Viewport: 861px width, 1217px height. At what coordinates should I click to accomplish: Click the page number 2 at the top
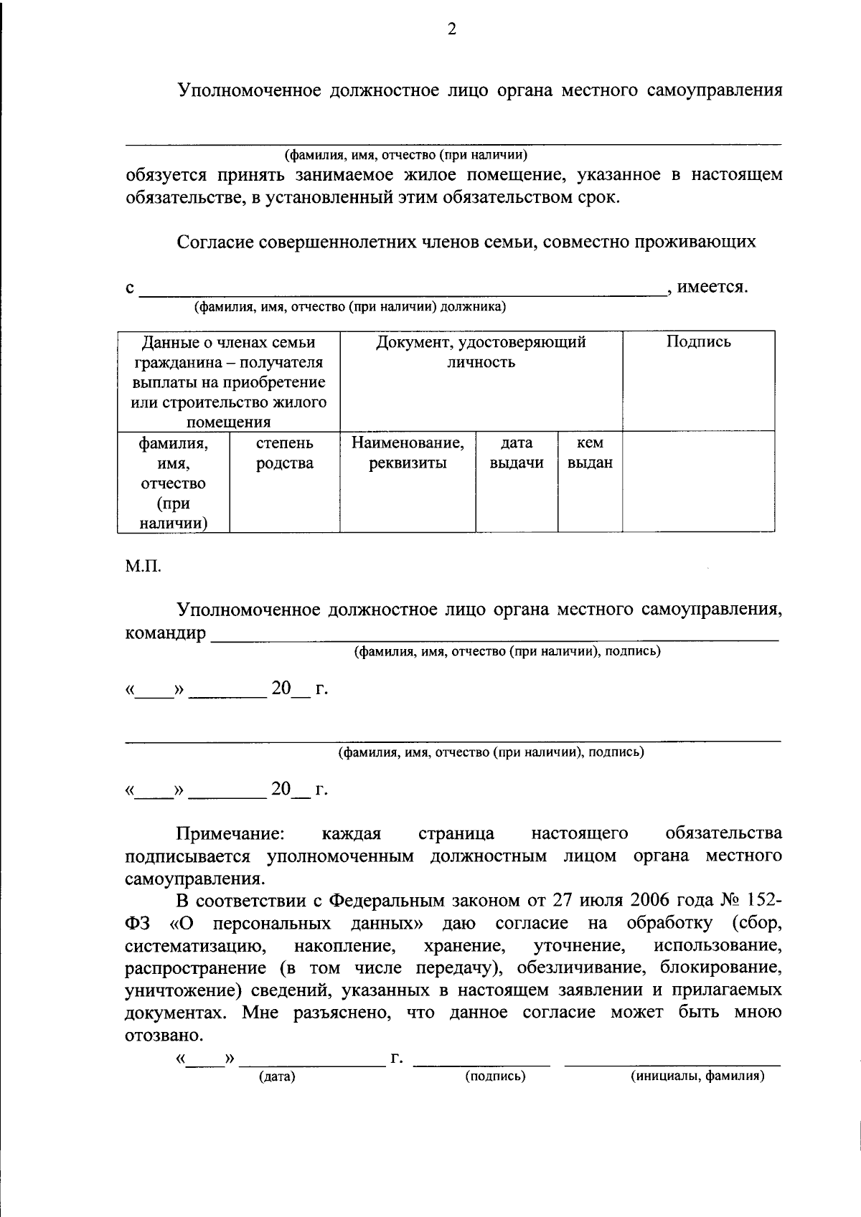coord(451,29)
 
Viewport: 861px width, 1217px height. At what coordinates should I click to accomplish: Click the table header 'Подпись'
coord(698,342)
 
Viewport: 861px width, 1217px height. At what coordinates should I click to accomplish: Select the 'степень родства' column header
coord(284,453)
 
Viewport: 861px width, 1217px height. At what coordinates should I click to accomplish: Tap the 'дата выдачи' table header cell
coord(517,453)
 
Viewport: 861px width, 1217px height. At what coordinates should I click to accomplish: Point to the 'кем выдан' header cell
coord(590,453)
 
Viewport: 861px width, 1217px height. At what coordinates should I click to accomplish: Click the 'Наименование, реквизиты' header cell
coord(408,453)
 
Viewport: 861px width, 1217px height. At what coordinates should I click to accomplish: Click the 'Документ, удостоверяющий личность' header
coord(481,352)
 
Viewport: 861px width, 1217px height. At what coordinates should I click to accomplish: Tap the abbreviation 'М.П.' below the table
coord(143,567)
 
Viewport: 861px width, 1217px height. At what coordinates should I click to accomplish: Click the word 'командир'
coord(165,634)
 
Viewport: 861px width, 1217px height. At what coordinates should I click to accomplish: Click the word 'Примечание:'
coord(230,833)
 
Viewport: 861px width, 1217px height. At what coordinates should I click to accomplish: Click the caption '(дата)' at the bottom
coord(277,1076)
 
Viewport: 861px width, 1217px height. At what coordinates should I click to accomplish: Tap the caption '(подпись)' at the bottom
coord(495,1076)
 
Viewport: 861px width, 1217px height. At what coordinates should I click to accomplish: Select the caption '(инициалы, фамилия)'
coord(697,1076)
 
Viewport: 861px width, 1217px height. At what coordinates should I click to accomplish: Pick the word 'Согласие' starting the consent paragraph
coord(215,242)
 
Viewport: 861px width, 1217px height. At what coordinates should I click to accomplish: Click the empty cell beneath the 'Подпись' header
coord(698,481)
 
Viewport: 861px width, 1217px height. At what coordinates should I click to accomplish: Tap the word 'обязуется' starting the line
coord(166,175)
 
